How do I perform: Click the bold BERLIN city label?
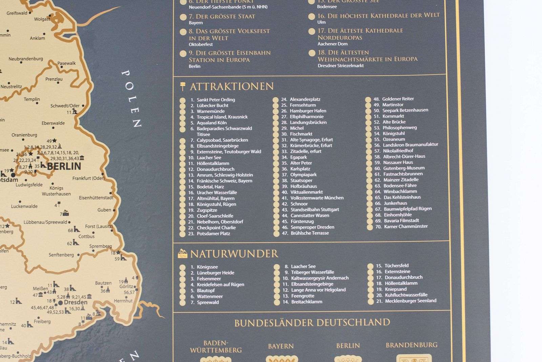coord(64,166)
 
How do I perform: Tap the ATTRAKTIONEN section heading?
coord(232,87)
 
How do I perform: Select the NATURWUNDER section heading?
coord(234,254)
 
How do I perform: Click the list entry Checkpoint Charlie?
coord(216,228)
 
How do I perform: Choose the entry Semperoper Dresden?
coord(312,227)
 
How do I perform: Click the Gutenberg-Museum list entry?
coord(404,168)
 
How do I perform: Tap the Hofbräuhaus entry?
coord(304,186)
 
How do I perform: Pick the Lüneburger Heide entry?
coord(215,273)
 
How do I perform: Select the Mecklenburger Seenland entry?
coord(411,301)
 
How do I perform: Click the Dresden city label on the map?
coord(76,302)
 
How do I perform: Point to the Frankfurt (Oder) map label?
coord(88,178)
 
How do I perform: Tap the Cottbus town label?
coord(86,236)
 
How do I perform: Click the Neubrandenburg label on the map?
coord(26,59)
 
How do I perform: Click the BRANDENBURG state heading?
coord(412,345)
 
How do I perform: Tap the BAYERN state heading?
coord(281,346)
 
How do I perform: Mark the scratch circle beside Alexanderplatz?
coord(275,100)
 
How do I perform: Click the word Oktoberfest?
coord(201,44)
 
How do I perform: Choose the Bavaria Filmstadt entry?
coord(401,221)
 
